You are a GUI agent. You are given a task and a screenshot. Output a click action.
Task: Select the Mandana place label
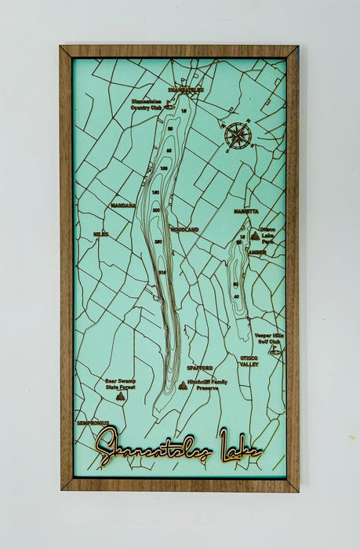coord(123,205)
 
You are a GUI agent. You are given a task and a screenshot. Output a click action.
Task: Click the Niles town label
coord(100,234)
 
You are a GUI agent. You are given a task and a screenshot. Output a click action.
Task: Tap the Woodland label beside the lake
coord(184,229)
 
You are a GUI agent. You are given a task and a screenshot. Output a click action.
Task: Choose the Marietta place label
coord(245,212)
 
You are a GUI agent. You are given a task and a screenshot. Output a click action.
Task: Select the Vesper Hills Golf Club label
coord(267,338)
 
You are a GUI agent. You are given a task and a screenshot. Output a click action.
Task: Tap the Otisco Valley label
coord(249,361)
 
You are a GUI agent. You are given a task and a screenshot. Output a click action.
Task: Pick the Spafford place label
coord(200,367)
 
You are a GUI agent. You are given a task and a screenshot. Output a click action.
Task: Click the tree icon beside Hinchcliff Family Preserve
coord(183,385)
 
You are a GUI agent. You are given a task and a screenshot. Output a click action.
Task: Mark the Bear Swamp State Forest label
coord(120,384)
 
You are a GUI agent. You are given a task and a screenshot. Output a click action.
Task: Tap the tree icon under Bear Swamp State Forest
coord(120,397)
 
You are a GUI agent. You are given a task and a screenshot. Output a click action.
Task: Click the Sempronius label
coord(93,423)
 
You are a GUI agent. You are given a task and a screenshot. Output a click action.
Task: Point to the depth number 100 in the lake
coord(164,168)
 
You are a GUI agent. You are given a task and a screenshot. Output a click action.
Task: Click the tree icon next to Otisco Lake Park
coord(254,235)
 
